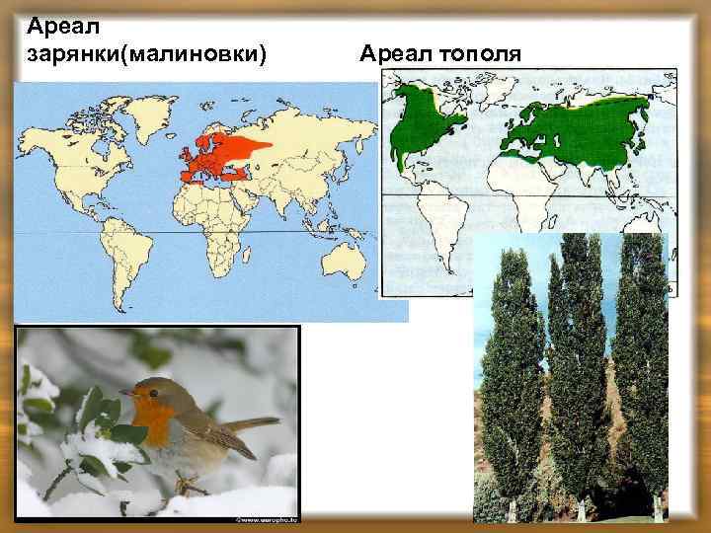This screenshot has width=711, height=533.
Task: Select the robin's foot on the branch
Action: click(183, 484)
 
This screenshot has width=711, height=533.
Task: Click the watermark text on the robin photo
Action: click(266, 516)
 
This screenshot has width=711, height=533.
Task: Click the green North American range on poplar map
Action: click(420, 123)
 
